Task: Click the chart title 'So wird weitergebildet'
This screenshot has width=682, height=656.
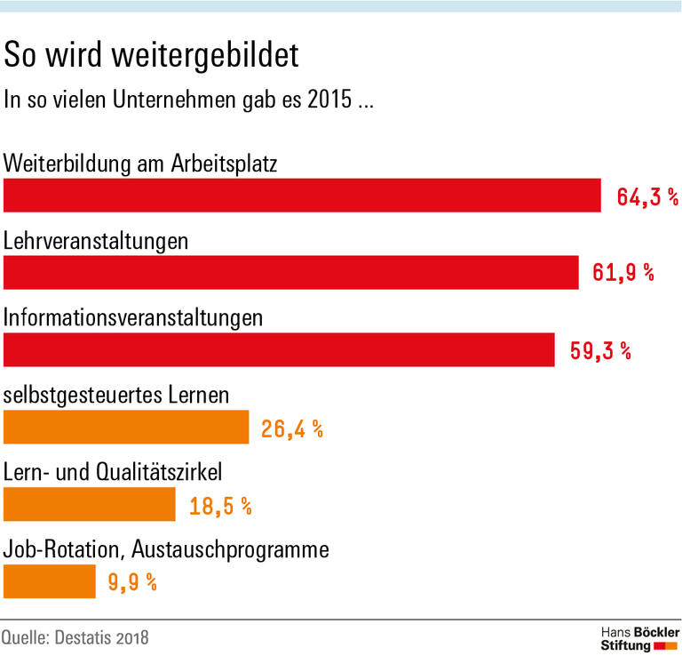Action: [152, 55]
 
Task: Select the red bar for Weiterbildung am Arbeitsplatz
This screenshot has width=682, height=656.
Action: [303, 196]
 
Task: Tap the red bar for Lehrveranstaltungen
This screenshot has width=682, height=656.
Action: [291, 272]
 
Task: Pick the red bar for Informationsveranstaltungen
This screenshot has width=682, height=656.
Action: [279, 349]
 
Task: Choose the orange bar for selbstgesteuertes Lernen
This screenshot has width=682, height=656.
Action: [126, 427]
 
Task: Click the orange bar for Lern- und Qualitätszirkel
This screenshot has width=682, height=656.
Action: [90, 504]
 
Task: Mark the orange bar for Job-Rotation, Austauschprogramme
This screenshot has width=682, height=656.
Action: [50, 581]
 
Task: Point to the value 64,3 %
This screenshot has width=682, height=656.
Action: [647, 196]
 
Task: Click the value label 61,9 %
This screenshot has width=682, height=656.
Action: [623, 273]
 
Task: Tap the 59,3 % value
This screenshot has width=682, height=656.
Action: [600, 350]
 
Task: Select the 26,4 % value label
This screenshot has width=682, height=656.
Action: [292, 428]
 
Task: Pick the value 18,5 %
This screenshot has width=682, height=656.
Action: [220, 506]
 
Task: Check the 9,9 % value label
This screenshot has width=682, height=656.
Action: [132, 582]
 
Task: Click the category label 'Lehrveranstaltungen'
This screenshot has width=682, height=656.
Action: [96, 241]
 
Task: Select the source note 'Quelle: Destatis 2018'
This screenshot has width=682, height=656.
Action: [75, 637]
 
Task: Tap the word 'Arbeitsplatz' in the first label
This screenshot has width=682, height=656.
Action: [226, 164]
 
